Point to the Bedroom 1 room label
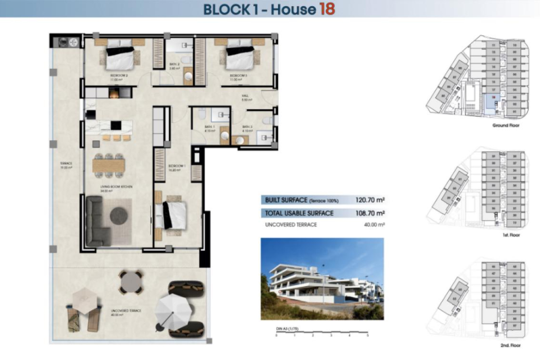point(177,168)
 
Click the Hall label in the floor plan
point(246,98)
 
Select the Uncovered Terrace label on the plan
point(126,312)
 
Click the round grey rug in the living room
point(119,216)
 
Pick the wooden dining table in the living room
point(109,166)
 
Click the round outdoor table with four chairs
point(131,282)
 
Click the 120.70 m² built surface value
point(370,200)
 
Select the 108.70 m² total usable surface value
point(370,213)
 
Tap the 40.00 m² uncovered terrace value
point(374,225)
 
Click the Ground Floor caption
point(506,125)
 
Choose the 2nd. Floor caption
point(510,345)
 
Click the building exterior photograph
point(322,279)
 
